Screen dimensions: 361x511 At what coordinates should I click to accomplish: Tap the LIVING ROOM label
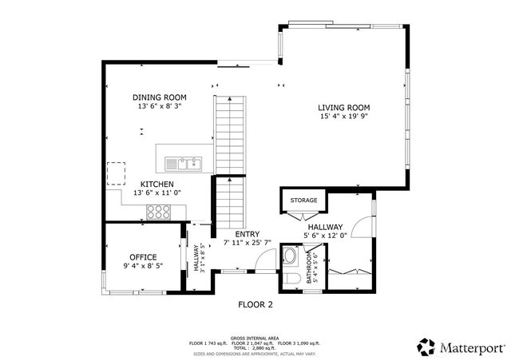(344, 107)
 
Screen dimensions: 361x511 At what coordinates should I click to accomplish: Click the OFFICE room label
(143, 257)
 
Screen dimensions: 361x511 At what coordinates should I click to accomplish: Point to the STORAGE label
(303, 200)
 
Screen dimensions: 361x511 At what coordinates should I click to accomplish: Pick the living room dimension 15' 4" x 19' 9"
(344, 117)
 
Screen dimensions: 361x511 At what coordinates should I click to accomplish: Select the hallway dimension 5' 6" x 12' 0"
(326, 236)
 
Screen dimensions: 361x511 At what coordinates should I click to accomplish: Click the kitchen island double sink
(184, 164)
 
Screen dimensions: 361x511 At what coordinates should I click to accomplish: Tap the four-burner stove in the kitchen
(159, 212)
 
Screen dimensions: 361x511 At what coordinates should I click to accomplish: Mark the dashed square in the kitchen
(117, 173)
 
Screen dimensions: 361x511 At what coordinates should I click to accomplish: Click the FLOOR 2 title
(255, 304)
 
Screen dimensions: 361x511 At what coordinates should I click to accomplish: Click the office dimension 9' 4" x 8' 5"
(143, 266)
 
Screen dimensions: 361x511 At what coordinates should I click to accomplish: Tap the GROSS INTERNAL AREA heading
(255, 338)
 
